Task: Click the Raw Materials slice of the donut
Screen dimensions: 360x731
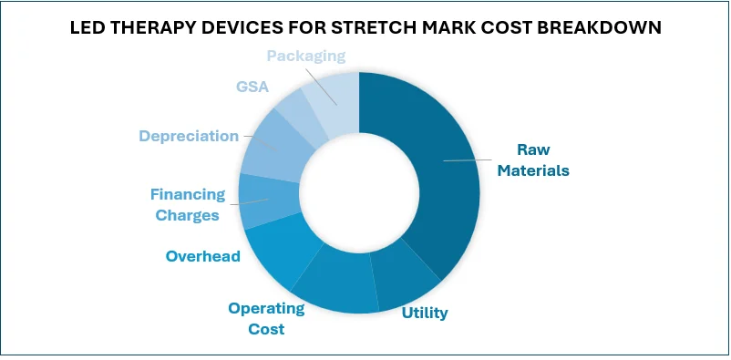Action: click(x=438, y=164)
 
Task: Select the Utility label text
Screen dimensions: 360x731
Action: click(x=425, y=313)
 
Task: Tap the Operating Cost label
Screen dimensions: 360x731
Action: click(x=266, y=318)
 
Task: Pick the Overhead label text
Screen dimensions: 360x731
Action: click(x=202, y=256)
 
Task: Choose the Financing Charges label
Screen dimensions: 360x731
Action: click(x=186, y=204)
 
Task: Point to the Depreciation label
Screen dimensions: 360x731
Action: click(x=188, y=136)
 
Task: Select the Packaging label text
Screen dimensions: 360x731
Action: click(x=305, y=56)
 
